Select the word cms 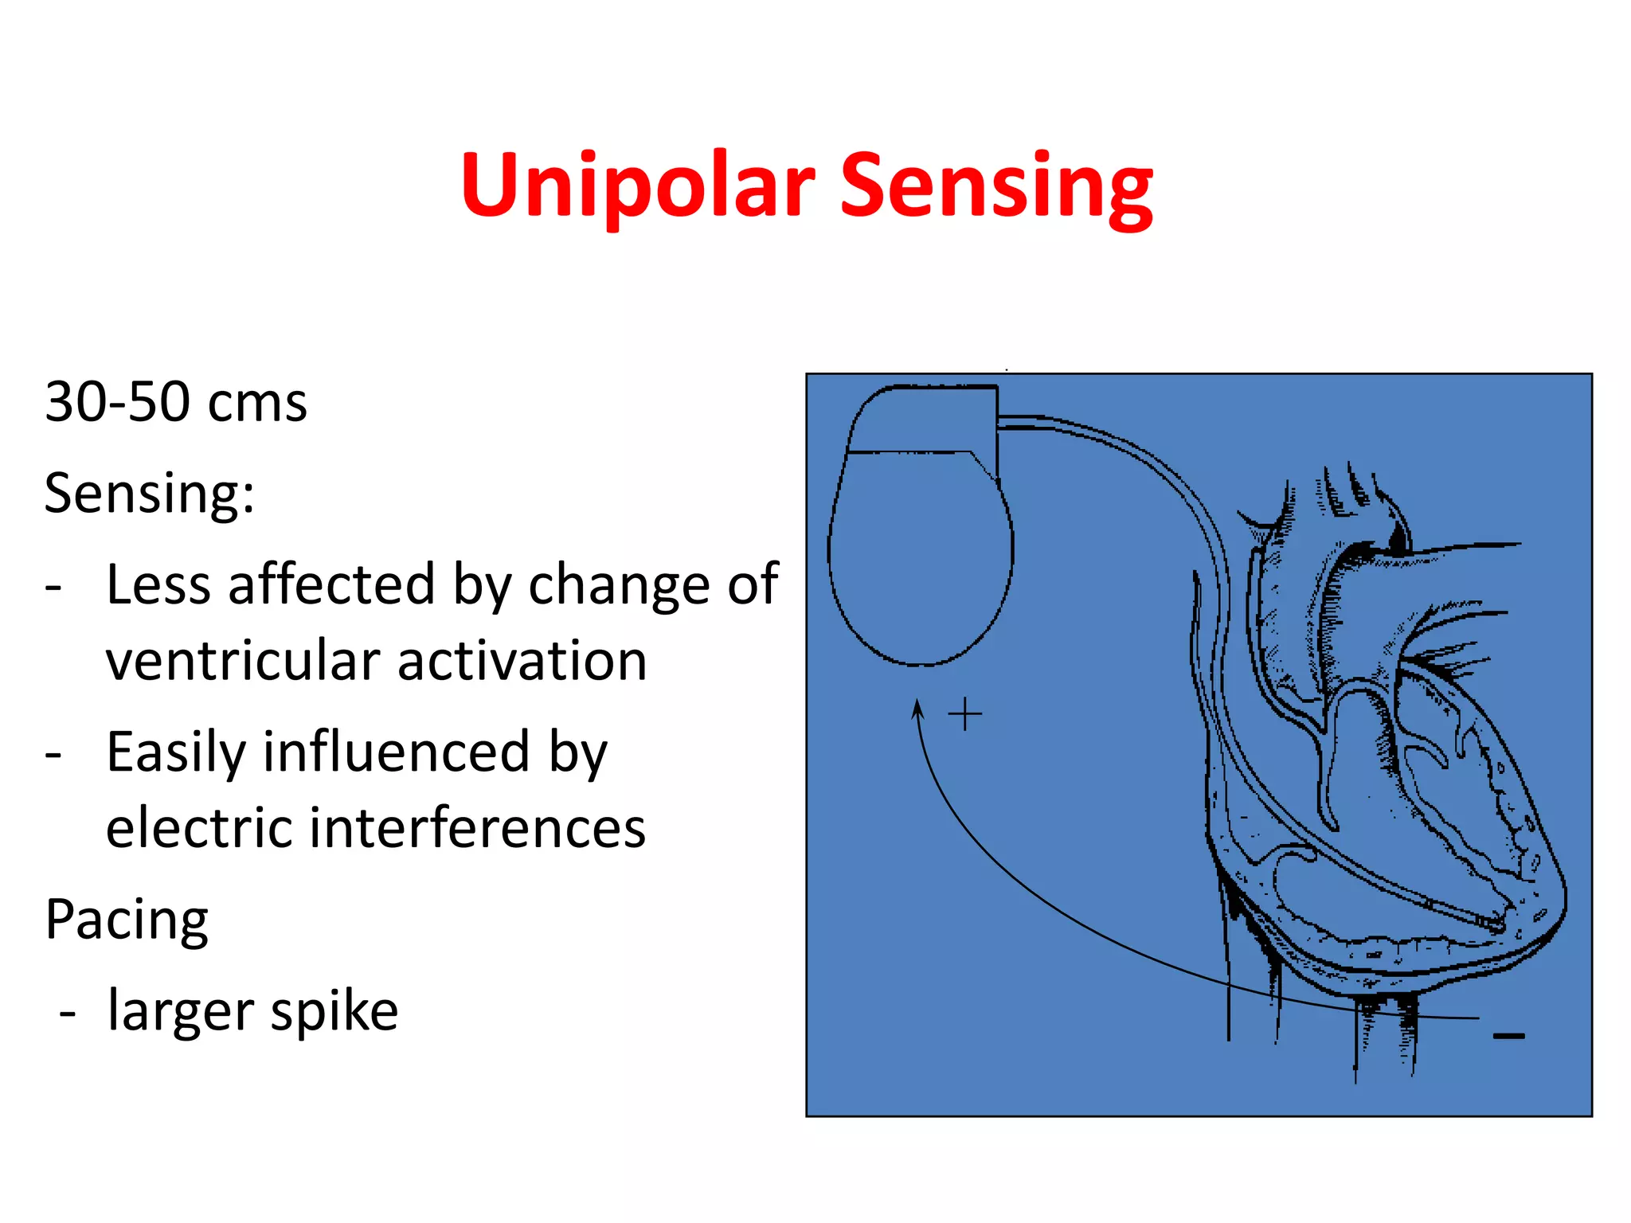point(256,404)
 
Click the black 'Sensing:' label point(149,494)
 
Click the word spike point(334,1012)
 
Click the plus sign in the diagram point(964,714)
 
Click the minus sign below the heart point(1508,1036)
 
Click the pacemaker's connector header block point(924,419)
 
